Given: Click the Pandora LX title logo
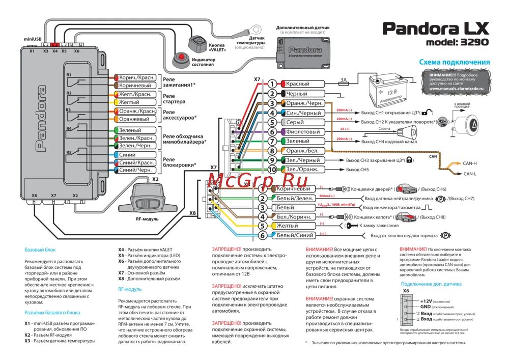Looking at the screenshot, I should coord(436,27).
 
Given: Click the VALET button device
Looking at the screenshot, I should coord(196,42).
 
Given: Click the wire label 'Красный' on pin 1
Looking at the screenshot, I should coord(297,84).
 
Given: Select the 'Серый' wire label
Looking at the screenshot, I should coord(295,122).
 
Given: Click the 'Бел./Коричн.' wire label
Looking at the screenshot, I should coord(295,217).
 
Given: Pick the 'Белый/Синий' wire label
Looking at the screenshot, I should coord(295,235).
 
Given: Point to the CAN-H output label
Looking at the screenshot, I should coord(470,164).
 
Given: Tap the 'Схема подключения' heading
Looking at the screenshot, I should coord(454,62).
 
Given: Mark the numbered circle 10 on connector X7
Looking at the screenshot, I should coord(272,170).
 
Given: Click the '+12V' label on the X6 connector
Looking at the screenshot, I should coord(426,300).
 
